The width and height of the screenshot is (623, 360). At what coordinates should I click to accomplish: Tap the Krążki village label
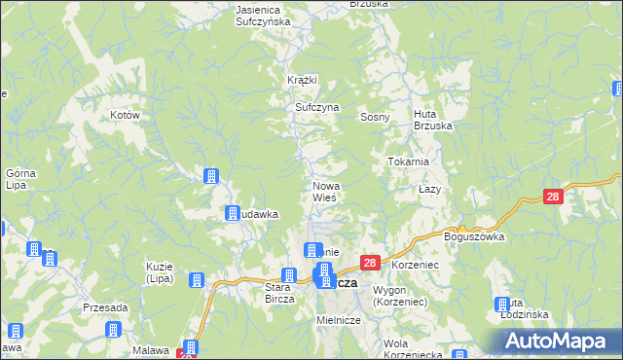[303, 80]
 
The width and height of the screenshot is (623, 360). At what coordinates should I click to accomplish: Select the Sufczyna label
[316, 107]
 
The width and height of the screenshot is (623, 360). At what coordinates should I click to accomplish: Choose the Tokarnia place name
[409, 162]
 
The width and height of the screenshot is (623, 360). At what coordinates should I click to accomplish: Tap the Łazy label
[430, 189]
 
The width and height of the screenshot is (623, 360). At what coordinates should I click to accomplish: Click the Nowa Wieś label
[325, 191]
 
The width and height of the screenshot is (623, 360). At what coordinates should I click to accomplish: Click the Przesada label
[105, 306]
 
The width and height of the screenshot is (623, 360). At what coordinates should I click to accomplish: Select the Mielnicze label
[339, 319]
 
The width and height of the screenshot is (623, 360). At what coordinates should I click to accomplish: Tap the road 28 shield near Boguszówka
[553, 197]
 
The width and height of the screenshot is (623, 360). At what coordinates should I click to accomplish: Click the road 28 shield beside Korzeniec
[370, 264]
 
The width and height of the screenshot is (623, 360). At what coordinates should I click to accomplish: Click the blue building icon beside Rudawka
[233, 214]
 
